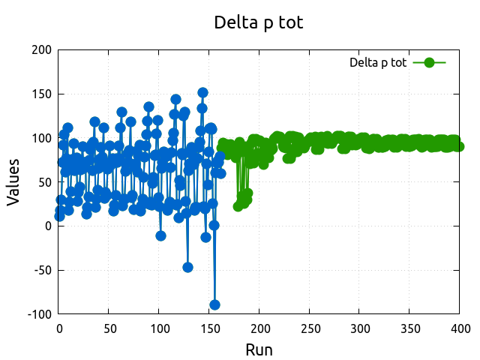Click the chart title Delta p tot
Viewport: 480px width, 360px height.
tap(259, 22)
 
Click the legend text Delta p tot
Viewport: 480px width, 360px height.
tap(378, 63)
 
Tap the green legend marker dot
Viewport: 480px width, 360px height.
tap(429, 63)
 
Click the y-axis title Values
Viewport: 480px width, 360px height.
tap(13, 182)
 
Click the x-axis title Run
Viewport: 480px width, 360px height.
tap(259, 349)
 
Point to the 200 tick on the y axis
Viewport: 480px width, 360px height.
tap(41, 50)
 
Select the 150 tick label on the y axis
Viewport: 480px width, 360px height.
tap(41, 94)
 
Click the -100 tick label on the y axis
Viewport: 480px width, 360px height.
tap(39, 314)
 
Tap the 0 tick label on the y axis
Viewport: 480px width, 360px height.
tap(48, 226)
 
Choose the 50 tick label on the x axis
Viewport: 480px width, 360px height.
tap(109, 328)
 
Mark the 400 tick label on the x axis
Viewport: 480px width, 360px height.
tap(460, 328)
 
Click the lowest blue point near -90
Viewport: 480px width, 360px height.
tap(214, 304)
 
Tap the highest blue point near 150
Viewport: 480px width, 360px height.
tap(202, 93)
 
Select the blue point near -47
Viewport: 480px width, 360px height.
tap(187, 267)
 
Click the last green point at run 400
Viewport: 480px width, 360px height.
tap(459, 146)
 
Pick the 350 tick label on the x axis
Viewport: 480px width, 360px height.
tap(410, 328)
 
